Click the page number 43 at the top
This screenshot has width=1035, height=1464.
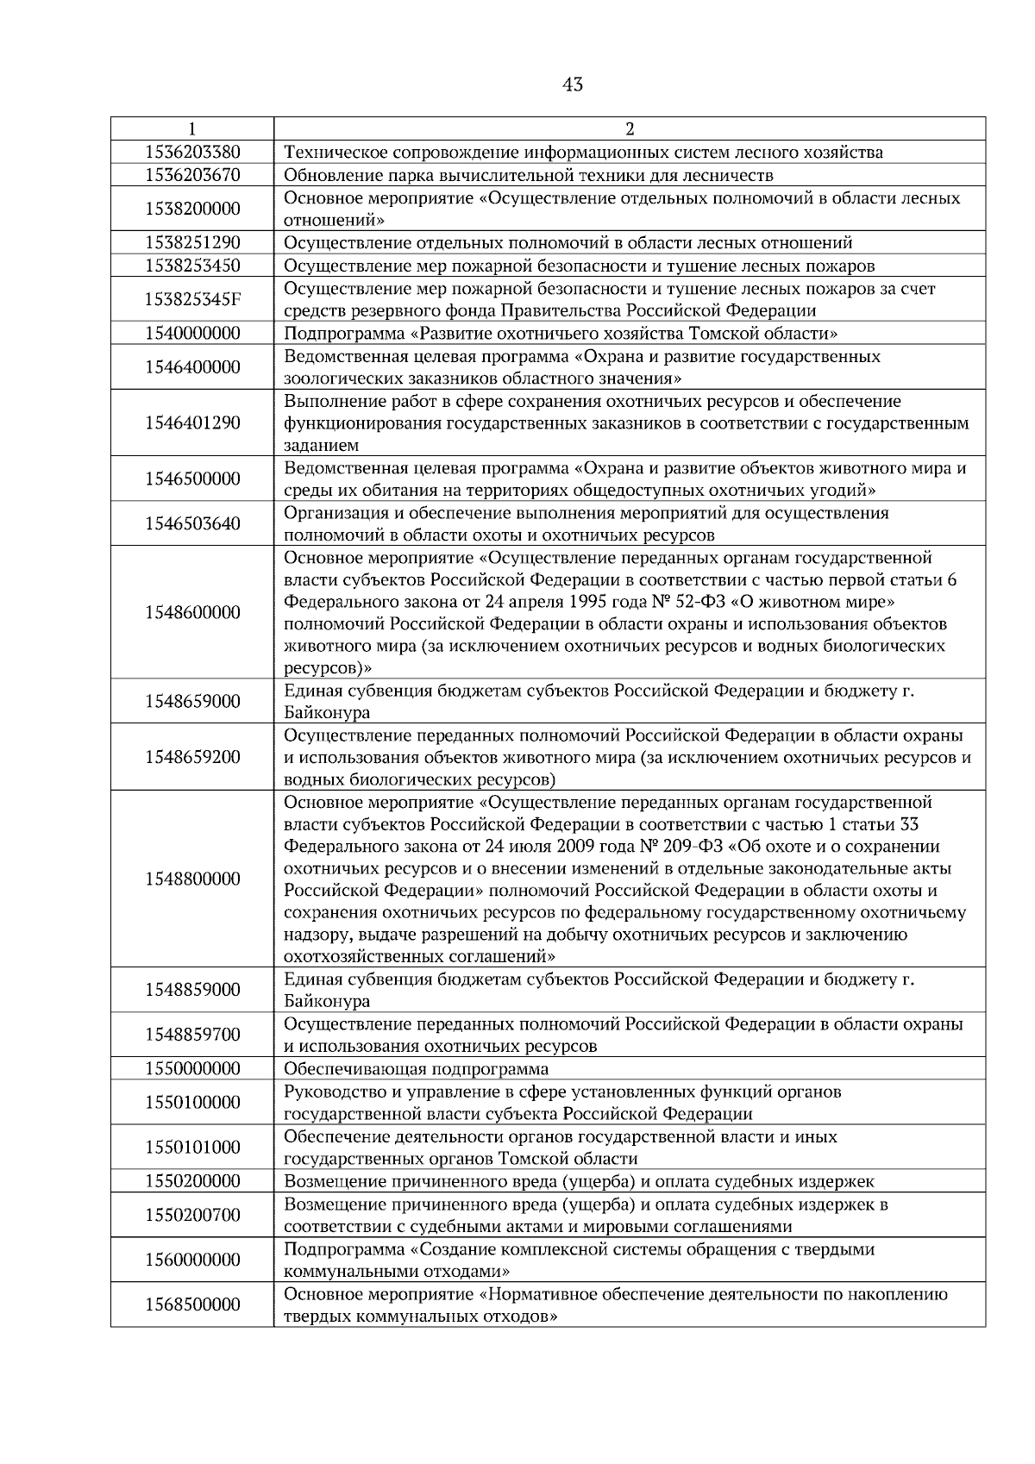[x=572, y=84]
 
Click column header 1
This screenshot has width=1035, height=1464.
[x=192, y=129]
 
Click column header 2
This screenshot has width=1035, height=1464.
[x=629, y=129]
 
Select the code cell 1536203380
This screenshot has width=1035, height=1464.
[x=192, y=153]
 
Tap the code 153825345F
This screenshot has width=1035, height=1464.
[x=192, y=299]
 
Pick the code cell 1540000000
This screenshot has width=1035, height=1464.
[x=192, y=333]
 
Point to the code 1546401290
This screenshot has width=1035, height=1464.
[x=192, y=423]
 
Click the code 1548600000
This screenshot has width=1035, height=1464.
[x=192, y=613]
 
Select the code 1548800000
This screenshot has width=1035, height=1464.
[x=192, y=879]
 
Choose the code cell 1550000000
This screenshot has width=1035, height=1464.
[x=192, y=1069]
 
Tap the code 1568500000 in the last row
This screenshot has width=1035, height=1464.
[x=192, y=1304]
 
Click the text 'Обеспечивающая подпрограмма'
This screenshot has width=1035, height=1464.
[x=417, y=1069]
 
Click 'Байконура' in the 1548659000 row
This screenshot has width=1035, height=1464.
[x=327, y=713]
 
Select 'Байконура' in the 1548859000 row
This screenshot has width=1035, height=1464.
[x=327, y=1002]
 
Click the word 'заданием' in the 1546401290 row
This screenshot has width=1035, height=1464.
[x=321, y=446]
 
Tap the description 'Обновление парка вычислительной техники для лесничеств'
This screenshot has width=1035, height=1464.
[x=528, y=176]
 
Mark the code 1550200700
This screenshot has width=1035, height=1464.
[x=192, y=1215]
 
